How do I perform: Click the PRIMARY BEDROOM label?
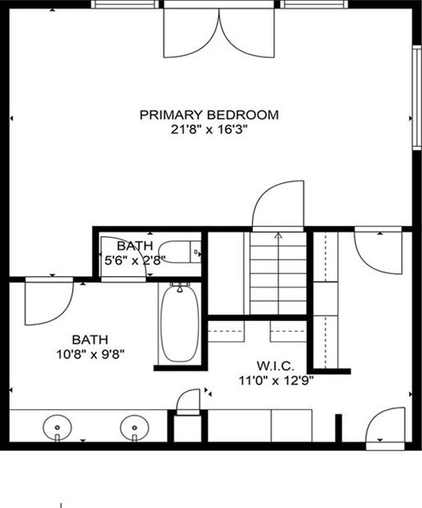pyautogui.click(x=209, y=114)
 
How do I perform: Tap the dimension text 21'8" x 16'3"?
pyautogui.click(x=209, y=130)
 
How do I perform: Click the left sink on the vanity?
pyautogui.click(x=57, y=428)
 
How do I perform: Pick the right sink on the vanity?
pyautogui.click(x=135, y=428)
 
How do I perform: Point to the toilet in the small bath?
pyautogui.click(x=180, y=252)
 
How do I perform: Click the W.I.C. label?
pyautogui.click(x=276, y=366)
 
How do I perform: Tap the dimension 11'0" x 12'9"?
pyautogui.click(x=276, y=381)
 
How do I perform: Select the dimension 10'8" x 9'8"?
pyautogui.click(x=91, y=354)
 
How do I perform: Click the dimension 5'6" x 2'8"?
pyautogui.click(x=135, y=261)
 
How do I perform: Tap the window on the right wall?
pyautogui.click(x=416, y=97)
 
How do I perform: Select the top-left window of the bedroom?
pyautogui.click(x=125, y=4)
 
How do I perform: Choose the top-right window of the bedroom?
pyautogui.click(x=313, y=4)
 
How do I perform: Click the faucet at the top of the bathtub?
pyautogui.click(x=180, y=287)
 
